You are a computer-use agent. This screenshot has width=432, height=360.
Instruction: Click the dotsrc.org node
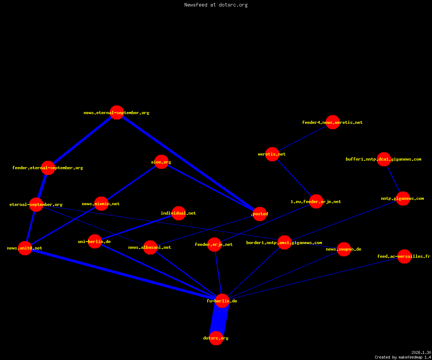tap(216, 338)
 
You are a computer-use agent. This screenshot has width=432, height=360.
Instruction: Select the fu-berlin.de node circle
tap(222, 301)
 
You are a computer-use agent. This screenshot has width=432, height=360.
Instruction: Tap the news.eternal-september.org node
tap(117, 112)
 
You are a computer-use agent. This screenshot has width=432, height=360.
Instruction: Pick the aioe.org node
tap(161, 162)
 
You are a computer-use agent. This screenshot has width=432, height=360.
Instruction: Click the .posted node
tap(260, 214)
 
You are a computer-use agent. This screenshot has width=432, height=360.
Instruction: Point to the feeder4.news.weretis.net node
tap(333, 122)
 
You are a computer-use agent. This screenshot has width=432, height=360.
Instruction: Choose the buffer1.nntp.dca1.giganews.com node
tap(384, 159)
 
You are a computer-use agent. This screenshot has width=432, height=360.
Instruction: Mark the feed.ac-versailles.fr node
tap(404, 256)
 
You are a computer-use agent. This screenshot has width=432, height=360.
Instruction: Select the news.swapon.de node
tap(344, 249)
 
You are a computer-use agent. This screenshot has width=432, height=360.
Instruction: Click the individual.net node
tap(179, 213)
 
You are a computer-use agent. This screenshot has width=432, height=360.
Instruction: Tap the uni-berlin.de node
tap(95, 241)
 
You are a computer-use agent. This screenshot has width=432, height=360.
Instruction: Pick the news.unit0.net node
tap(25, 248)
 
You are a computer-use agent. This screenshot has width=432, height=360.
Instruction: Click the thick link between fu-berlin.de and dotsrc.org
tap(219, 319)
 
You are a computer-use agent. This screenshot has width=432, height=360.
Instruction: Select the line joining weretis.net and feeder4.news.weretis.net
tap(302, 138)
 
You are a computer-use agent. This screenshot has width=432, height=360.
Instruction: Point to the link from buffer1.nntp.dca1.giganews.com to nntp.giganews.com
tap(393, 179)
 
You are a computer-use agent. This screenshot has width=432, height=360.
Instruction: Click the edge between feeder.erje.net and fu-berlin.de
tap(218, 273)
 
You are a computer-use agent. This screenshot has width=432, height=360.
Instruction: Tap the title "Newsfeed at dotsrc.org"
tap(216, 5)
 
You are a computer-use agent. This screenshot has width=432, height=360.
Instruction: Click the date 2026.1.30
tap(421, 352)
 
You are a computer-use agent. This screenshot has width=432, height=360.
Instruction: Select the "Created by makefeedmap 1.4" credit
tap(403, 357)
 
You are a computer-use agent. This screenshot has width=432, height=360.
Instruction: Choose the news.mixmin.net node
tap(101, 204)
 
